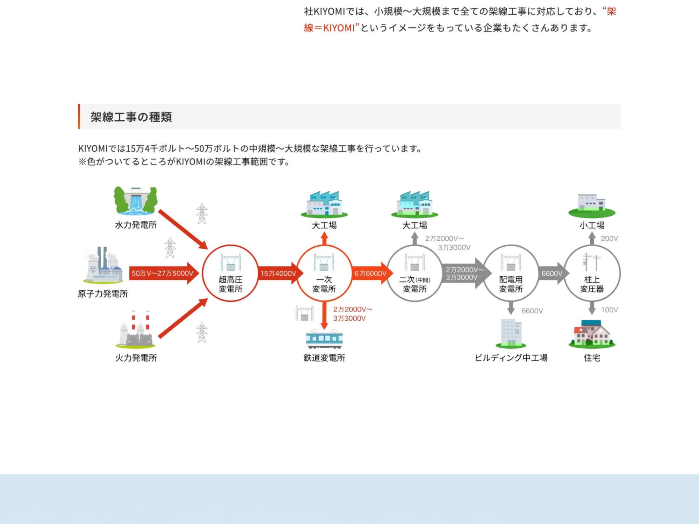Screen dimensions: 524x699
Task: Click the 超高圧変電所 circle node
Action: pos(230,273)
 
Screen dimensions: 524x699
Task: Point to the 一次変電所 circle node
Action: pos(324,273)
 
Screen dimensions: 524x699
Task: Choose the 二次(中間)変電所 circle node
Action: pos(415,273)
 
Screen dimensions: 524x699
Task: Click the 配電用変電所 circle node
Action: pos(511,273)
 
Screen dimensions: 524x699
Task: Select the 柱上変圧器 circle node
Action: pos(592,273)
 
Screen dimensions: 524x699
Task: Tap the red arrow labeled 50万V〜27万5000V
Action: pos(163,273)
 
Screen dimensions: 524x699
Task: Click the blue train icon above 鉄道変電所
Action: pos(324,339)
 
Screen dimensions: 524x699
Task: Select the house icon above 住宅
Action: pos(592,334)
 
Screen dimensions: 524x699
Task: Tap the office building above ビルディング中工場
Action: pos(511,333)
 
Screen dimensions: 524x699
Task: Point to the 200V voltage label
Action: pos(609,239)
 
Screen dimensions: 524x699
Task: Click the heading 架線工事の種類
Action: pos(131,117)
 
